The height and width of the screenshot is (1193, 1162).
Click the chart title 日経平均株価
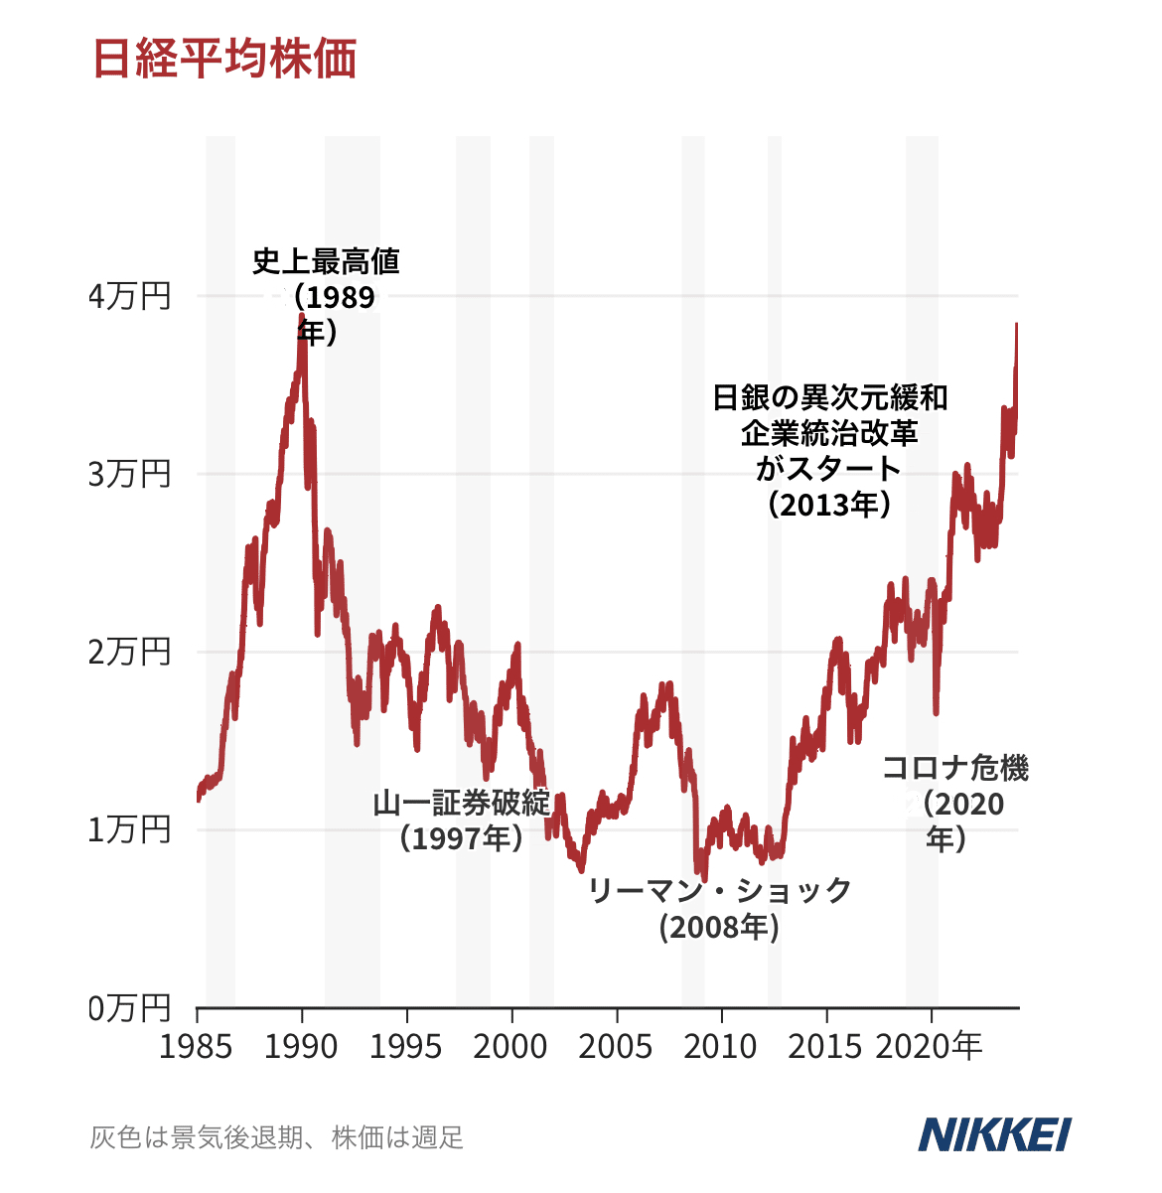pyautogui.click(x=224, y=60)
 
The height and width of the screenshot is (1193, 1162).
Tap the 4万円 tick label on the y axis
pyautogui.click(x=129, y=296)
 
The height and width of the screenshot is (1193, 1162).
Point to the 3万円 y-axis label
pyautogui.click(x=129, y=474)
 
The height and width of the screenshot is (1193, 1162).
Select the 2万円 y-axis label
pyautogui.click(x=129, y=652)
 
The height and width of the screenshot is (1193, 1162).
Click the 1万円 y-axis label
pyautogui.click(x=129, y=829)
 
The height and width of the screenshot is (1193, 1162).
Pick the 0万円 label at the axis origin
pyautogui.click(x=129, y=1007)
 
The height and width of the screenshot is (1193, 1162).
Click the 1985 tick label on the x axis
pyautogui.click(x=197, y=1046)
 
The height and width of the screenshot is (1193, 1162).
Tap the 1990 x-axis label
pyautogui.click(x=302, y=1046)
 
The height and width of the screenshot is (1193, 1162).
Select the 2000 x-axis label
pyautogui.click(x=511, y=1046)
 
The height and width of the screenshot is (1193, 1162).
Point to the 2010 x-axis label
pyautogui.click(x=721, y=1046)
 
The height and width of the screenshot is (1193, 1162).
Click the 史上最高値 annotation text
pyautogui.click(x=326, y=262)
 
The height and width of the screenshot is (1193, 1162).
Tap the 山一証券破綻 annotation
pyautogui.click(x=461, y=803)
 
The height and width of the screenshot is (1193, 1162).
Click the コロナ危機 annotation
pyautogui.click(x=954, y=768)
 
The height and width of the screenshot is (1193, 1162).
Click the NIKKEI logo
pyautogui.click(x=994, y=1134)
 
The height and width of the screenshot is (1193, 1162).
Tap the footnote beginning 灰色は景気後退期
pyautogui.click(x=277, y=1137)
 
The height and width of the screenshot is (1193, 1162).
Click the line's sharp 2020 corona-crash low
pyautogui.click(x=936, y=711)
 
